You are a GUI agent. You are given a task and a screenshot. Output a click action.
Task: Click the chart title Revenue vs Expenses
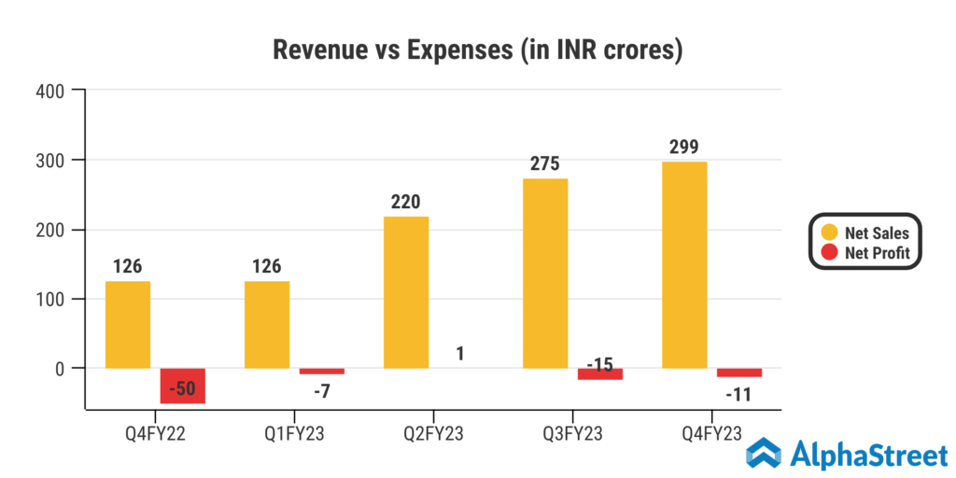477,49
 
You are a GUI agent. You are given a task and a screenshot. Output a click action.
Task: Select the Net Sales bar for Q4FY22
128,324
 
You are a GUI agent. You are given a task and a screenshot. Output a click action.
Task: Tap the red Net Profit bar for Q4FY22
182,386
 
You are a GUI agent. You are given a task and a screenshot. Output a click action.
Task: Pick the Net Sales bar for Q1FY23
267,324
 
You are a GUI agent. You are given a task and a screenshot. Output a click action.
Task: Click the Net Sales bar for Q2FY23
406,292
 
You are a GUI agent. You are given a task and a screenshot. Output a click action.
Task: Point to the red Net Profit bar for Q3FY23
599,373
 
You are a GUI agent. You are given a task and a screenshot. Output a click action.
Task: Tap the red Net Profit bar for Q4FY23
739,373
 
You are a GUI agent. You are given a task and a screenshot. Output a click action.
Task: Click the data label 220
406,201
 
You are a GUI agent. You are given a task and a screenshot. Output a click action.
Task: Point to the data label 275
545,163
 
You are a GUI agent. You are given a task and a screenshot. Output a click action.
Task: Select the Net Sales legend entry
865,232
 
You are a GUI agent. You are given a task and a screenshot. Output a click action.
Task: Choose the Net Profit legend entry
865,252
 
